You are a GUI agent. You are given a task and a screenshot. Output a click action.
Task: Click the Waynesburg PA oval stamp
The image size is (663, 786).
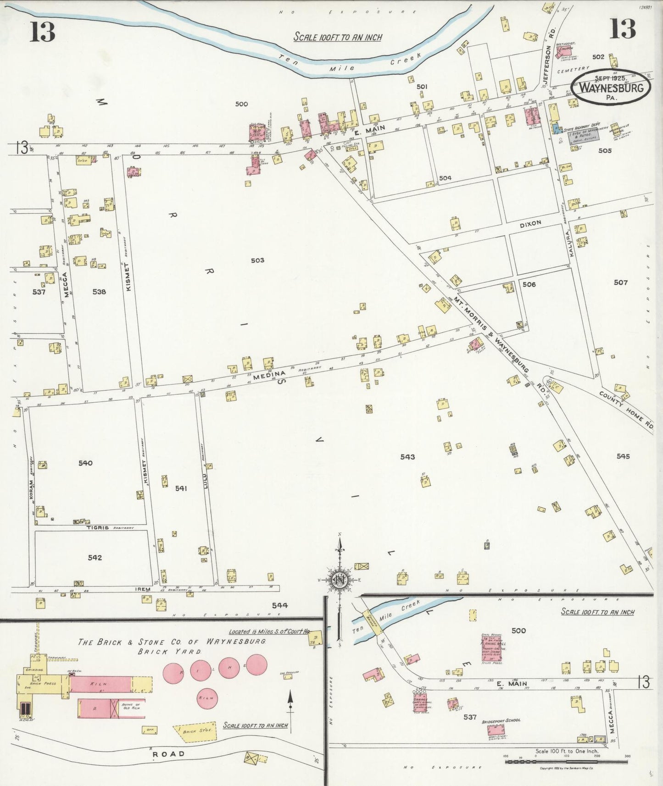point(610,87)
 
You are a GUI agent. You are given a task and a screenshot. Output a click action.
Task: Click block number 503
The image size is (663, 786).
point(257,260)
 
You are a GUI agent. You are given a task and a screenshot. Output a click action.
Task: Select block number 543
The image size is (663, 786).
point(407,457)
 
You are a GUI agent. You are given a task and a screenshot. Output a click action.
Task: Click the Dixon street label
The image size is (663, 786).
point(530,223)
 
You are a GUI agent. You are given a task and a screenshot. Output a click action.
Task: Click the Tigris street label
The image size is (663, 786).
point(98,527)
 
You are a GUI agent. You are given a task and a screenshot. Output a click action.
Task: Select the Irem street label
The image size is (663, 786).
point(143,588)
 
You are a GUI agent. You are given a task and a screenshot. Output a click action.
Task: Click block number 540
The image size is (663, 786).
point(85,463)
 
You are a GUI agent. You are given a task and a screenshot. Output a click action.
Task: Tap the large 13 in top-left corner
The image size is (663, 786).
point(42,32)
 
